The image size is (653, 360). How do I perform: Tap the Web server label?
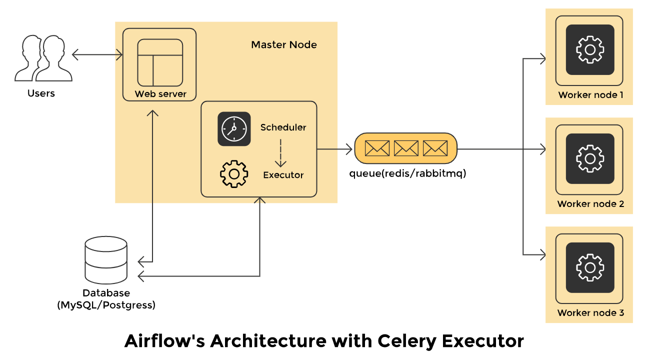pyautogui.click(x=160, y=94)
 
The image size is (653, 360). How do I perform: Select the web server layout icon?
pyautogui.click(x=160, y=62)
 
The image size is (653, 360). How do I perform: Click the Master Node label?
pyautogui.click(x=283, y=45)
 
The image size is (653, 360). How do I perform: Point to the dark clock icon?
pyautogui.click(x=234, y=128)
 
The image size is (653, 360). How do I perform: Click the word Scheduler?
pyautogui.click(x=283, y=127)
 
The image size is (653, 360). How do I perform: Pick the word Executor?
pyautogui.click(x=283, y=175)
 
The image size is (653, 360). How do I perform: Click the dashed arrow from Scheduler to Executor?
pyautogui.click(x=280, y=152)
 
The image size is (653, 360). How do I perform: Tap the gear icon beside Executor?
pyautogui.click(x=234, y=173)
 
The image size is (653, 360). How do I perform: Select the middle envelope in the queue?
pyautogui.click(x=405, y=148)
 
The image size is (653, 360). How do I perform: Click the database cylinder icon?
pyautogui.click(x=105, y=259)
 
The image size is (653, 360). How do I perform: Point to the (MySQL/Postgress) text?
pyautogui.click(x=106, y=304)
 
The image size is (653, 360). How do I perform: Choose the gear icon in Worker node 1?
pyautogui.click(x=589, y=49)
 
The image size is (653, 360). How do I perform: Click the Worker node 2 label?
pyautogui.click(x=590, y=204)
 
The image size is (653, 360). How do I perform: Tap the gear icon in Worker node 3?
pyautogui.click(x=589, y=267)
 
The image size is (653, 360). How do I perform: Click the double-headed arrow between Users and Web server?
pyautogui.click(x=97, y=54)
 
